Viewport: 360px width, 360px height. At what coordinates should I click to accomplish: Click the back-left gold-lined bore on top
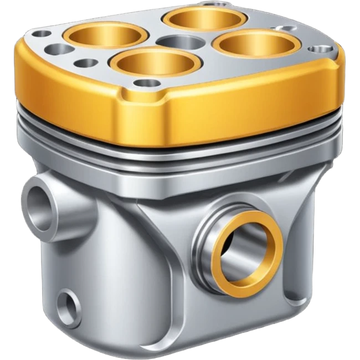click(105, 37)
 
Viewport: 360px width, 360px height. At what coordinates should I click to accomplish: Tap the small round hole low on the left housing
click(70, 303)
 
